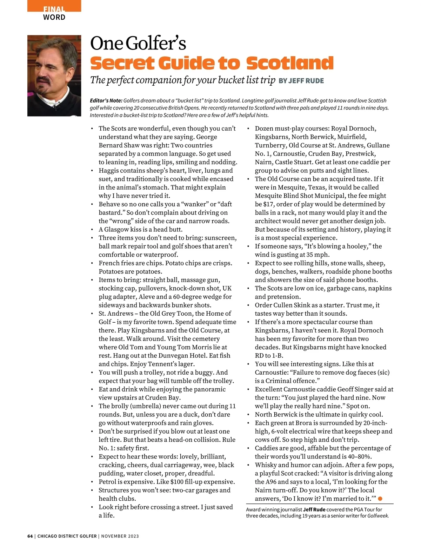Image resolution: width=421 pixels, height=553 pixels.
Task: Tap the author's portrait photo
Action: pyautogui.click(x=54, y=75)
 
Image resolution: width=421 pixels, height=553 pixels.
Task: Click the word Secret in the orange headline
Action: pyautogui.click(x=122, y=63)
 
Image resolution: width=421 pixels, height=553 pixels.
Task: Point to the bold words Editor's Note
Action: pyautogui.click(x=106, y=101)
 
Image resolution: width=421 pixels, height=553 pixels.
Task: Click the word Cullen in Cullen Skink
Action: pyautogui.click(x=282, y=305)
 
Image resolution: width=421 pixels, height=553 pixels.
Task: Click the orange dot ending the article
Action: pyautogui.click(x=380, y=499)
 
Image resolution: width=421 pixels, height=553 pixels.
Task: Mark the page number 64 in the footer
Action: pyautogui.click(x=30, y=536)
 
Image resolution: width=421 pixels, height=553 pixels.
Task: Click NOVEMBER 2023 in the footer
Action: pyautogui.click(x=120, y=536)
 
